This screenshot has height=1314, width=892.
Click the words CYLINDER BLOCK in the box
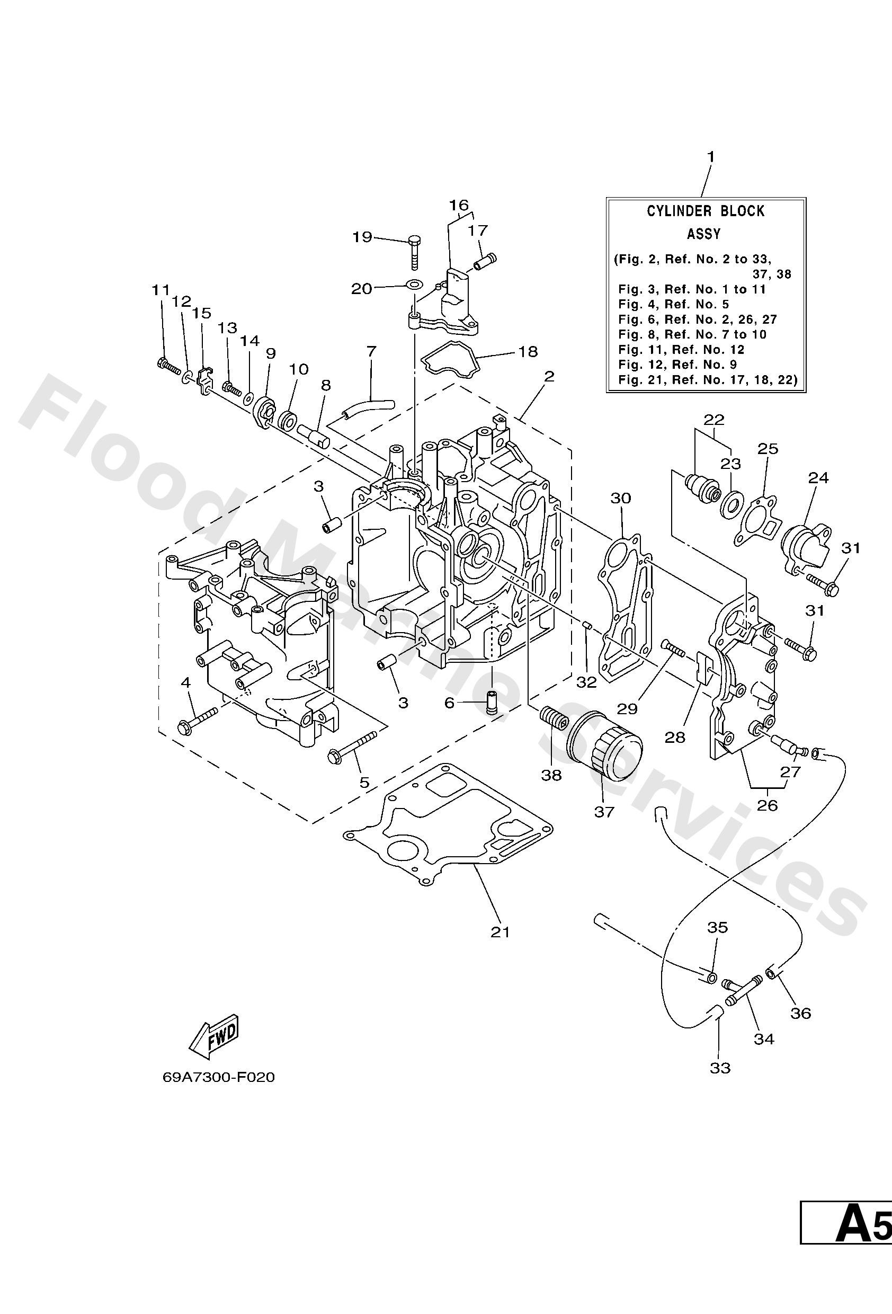coord(705,211)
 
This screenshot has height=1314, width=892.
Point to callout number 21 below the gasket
coord(499,932)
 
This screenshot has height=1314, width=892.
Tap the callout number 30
coord(620,498)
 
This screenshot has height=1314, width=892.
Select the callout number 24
coord(818,478)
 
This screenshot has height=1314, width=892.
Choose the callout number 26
coord(767,805)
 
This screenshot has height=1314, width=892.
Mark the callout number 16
coord(459,205)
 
